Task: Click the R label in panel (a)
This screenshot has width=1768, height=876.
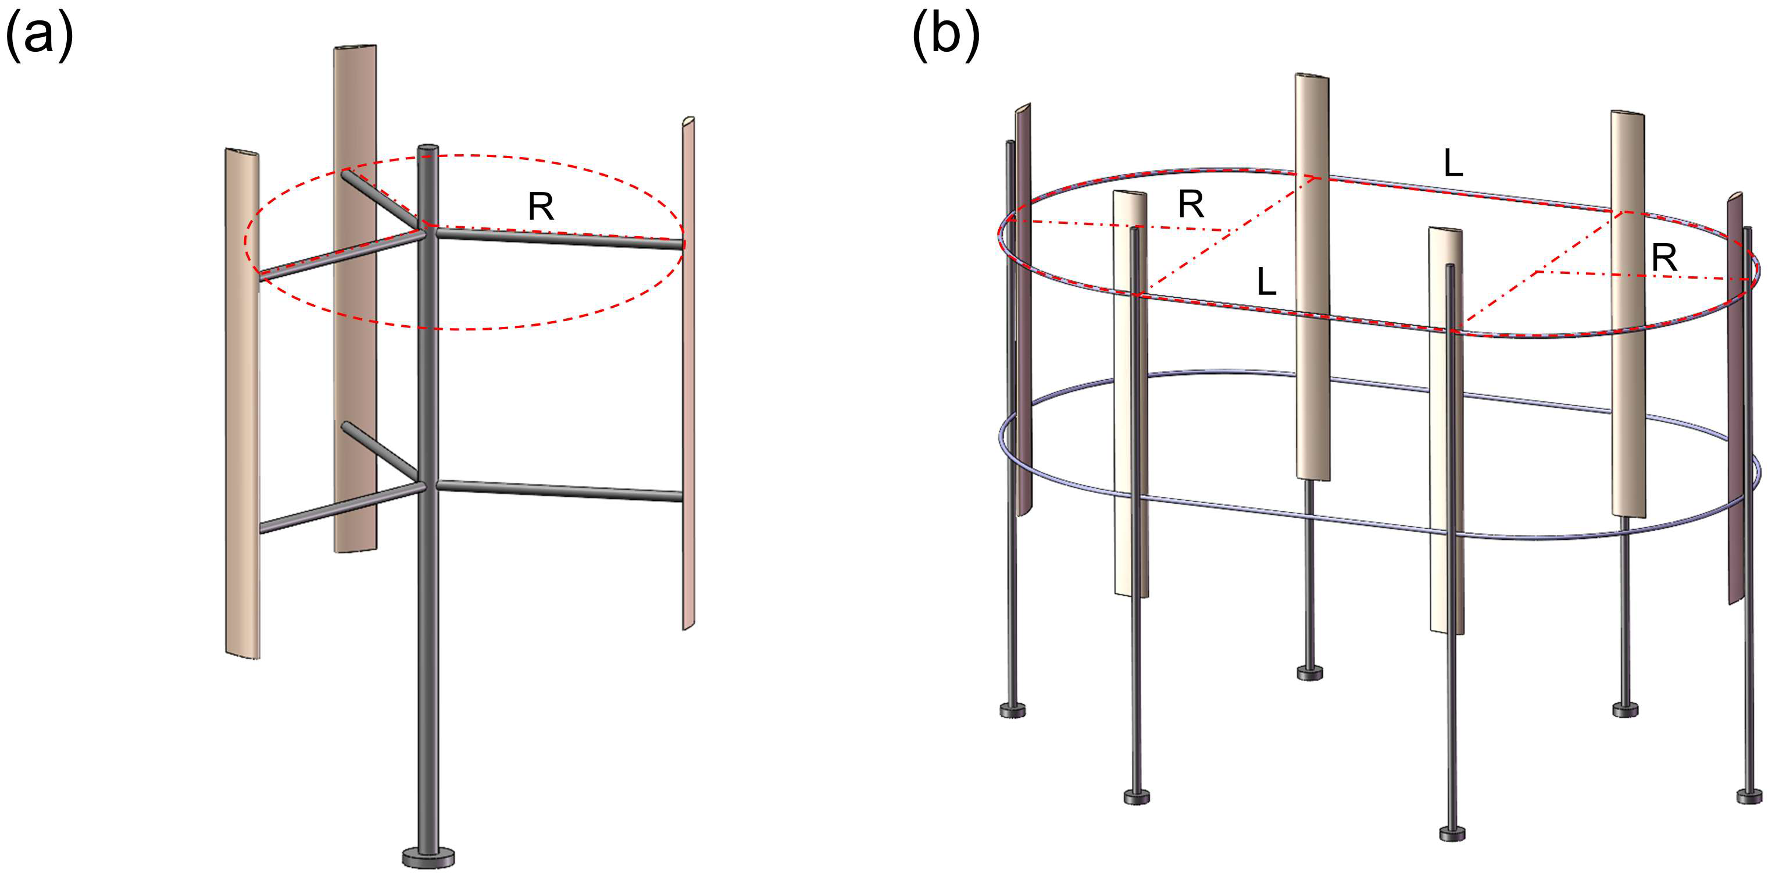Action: [541, 206]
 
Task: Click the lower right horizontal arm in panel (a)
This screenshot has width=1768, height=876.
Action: [559, 491]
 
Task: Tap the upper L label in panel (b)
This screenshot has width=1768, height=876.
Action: [1453, 164]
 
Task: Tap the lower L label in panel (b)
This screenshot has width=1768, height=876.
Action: [1266, 282]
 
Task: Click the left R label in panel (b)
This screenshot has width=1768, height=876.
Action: [1191, 204]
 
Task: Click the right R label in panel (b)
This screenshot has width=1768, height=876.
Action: [1665, 259]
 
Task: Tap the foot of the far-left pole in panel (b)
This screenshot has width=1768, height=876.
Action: [1013, 710]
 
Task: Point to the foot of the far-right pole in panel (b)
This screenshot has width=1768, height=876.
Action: [1749, 796]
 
